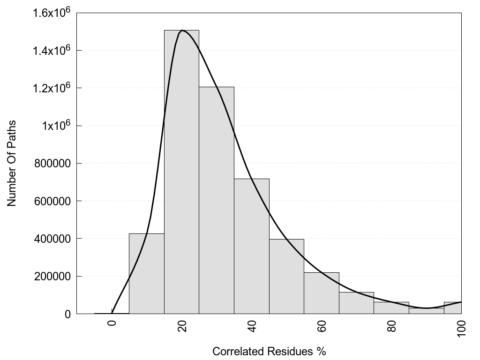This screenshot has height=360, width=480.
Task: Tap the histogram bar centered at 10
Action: click(x=146, y=274)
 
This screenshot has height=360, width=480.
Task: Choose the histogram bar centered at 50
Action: click(x=286, y=277)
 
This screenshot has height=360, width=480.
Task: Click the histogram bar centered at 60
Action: click(x=322, y=293)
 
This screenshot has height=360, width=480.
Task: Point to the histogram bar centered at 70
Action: click(x=356, y=303)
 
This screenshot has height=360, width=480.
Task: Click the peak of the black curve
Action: click(x=182, y=30)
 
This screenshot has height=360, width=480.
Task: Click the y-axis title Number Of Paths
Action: click(x=12, y=164)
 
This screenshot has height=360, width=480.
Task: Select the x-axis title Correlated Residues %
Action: click(x=269, y=351)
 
